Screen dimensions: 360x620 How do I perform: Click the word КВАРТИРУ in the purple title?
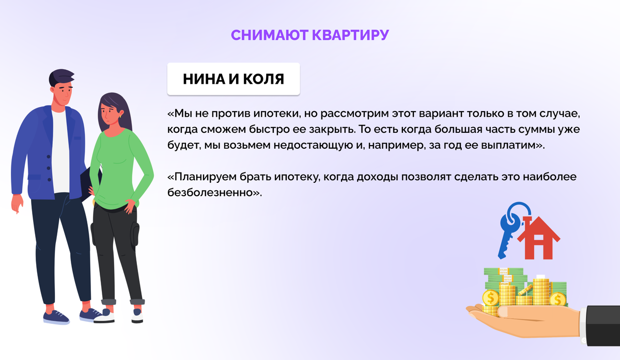click(x=350, y=35)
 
